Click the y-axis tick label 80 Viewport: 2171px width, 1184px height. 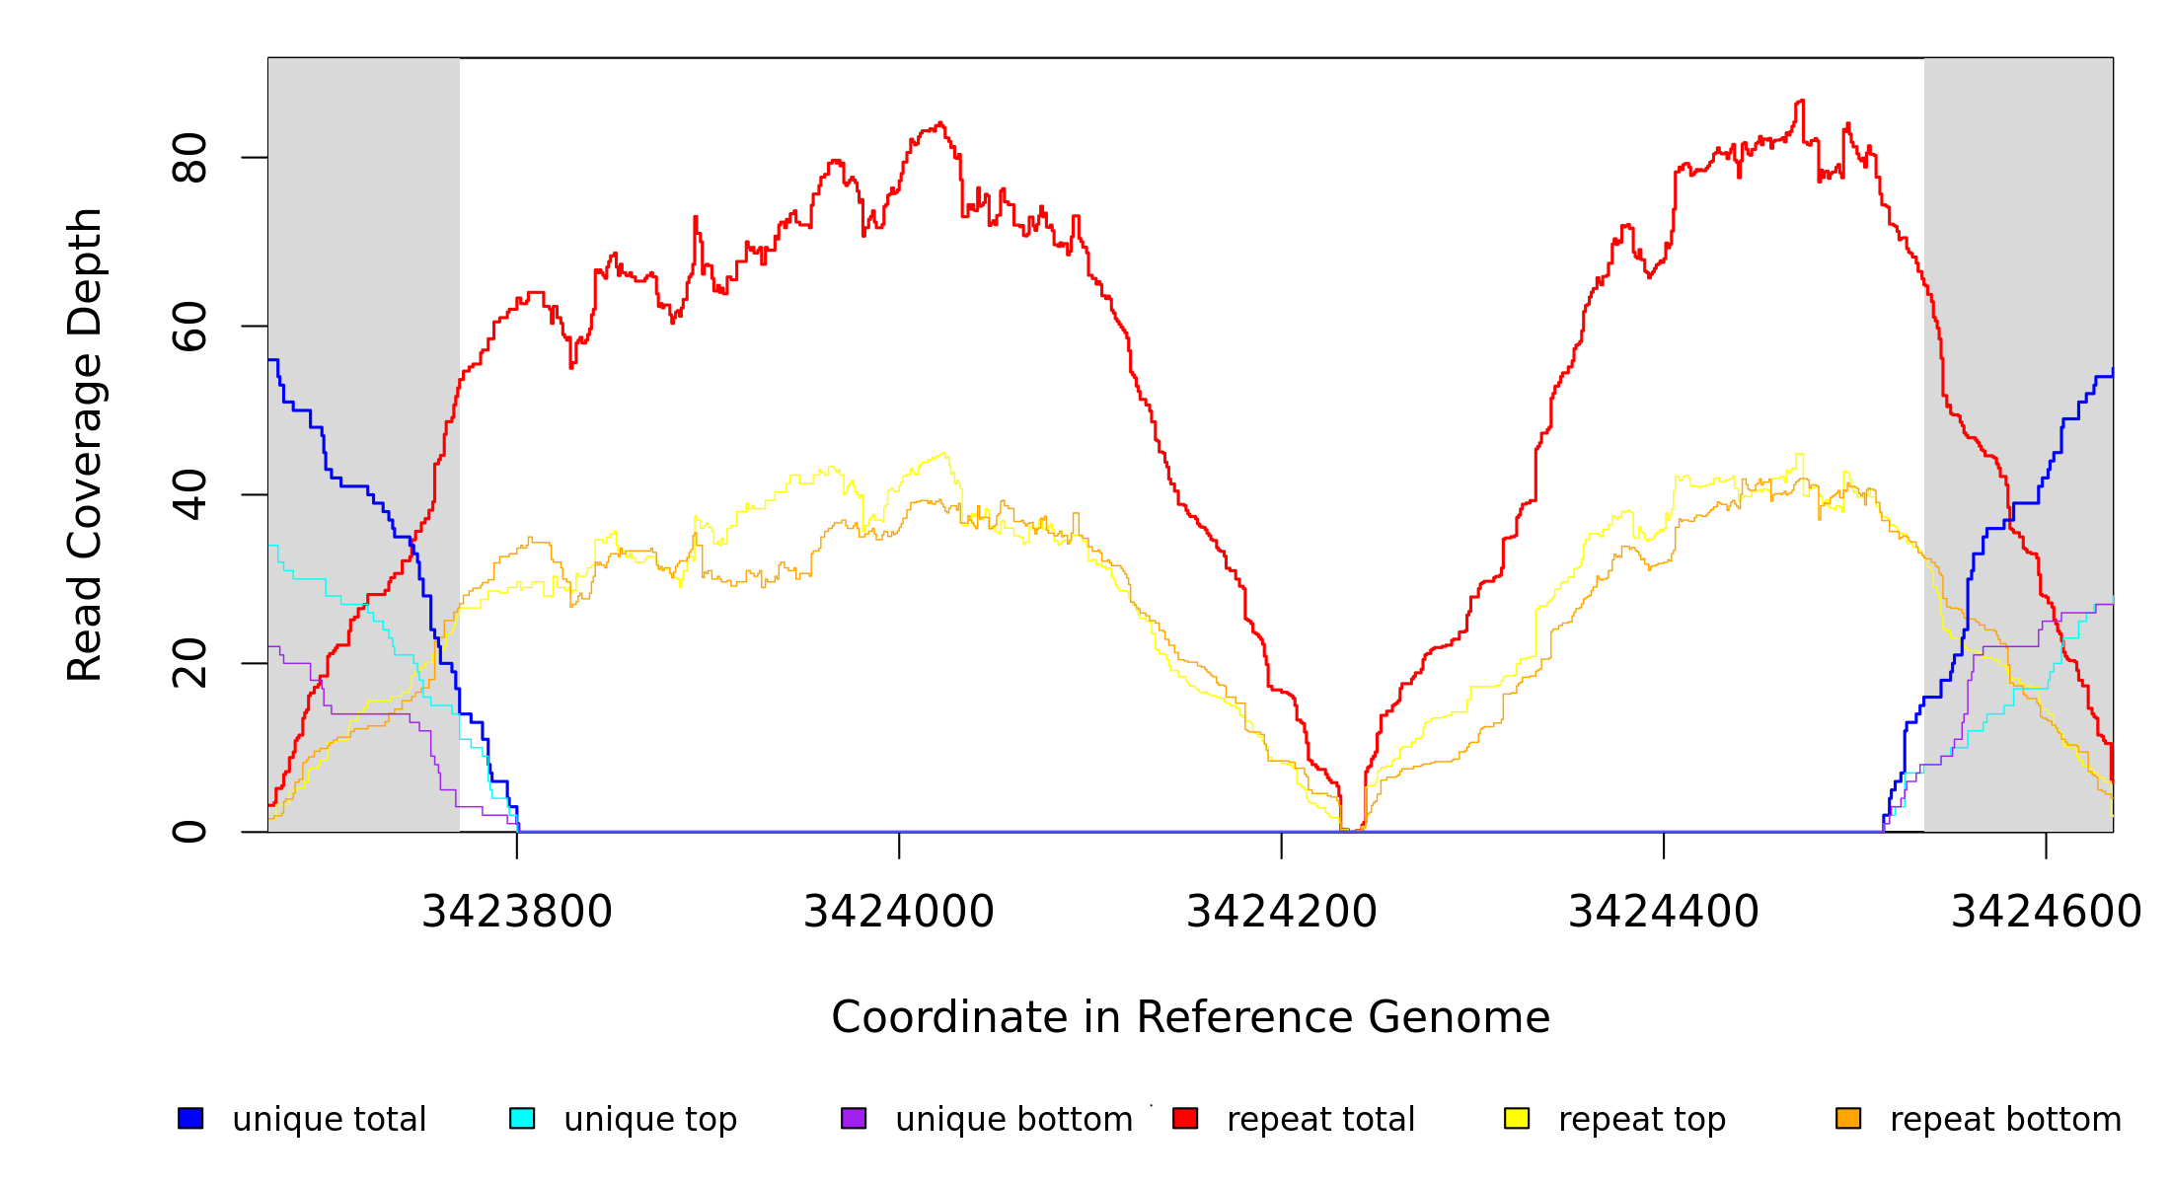coord(189,158)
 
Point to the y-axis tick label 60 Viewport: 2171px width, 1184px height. coord(189,327)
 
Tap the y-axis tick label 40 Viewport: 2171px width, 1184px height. coord(189,495)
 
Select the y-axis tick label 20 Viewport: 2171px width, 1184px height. coord(189,663)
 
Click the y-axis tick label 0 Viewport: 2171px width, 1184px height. coord(189,832)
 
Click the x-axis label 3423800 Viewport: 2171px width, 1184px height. coord(517,912)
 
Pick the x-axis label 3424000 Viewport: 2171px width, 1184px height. coord(899,912)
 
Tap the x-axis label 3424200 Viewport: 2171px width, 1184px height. coord(1281,912)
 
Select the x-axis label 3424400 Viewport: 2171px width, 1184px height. coord(1664,912)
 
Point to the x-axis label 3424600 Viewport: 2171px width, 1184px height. coord(2046,912)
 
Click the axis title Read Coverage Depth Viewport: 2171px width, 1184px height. coord(85,444)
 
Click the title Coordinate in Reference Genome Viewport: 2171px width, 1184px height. coord(1190,1017)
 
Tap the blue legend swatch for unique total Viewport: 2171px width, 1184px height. coord(190,1118)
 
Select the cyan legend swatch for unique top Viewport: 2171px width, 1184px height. coord(522,1118)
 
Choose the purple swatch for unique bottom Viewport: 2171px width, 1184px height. coord(854,1118)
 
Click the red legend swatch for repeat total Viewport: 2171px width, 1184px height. coord(1185,1118)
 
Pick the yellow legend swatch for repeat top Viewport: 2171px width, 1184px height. coord(1517,1118)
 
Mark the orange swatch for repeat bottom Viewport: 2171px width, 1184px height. coord(1848,1118)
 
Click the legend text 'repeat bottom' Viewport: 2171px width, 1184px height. coord(2005,1120)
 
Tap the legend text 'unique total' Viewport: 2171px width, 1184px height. coord(330,1120)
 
